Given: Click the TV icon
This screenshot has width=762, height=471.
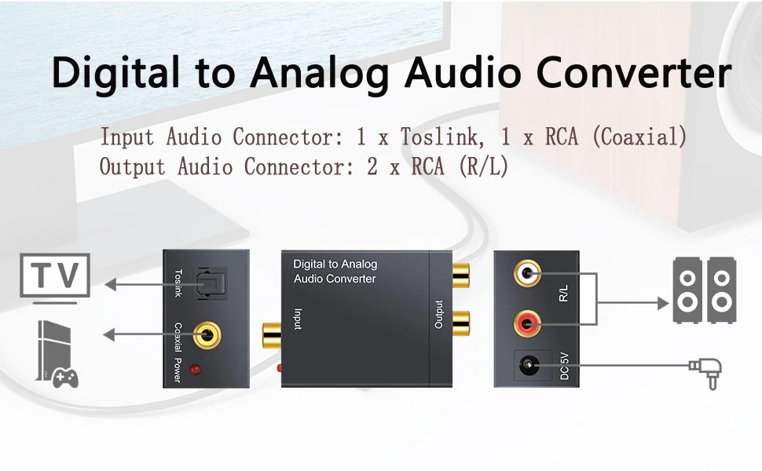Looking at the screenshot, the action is (x=55, y=278).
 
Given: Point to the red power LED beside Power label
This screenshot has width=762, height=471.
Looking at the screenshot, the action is (x=195, y=370).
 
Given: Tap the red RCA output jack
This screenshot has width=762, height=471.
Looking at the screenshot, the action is (x=527, y=323).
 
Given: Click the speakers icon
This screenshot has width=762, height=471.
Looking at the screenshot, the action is (x=705, y=290).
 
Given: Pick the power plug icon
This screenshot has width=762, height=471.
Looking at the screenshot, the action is (x=705, y=369).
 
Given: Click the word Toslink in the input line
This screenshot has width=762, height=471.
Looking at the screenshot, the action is (x=438, y=137).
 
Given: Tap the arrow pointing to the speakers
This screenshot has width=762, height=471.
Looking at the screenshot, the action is (x=628, y=301).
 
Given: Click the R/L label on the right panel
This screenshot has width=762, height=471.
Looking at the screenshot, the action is (x=564, y=295).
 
